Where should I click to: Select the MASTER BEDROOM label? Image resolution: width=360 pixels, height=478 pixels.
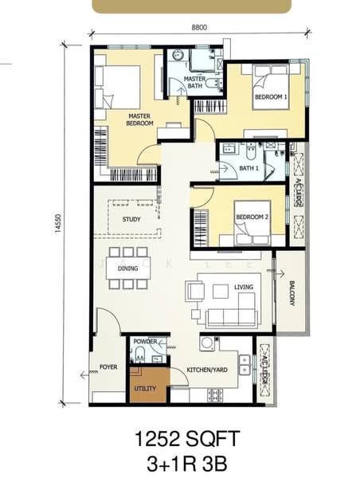(x=139, y=119)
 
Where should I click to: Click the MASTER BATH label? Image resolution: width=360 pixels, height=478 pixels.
(x=195, y=82)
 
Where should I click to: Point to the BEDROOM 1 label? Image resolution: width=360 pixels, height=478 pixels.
(x=270, y=97)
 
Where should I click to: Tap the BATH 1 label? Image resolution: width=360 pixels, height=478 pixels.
(x=249, y=168)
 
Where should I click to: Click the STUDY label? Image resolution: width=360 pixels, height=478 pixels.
(x=131, y=219)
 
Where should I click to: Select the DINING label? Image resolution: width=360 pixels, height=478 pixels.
(x=128, y=268)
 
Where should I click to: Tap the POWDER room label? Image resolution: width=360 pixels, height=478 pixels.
(x=146, y=341)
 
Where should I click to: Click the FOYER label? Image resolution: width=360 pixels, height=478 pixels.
(x=108, y=367)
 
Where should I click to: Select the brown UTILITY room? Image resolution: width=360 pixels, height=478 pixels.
(x=147, y=386)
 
